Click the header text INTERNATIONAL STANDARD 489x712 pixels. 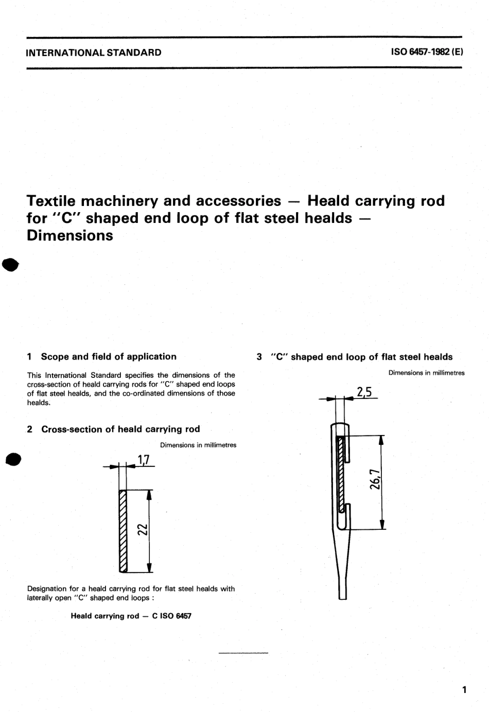point(94,53)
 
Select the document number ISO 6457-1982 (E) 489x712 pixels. point(427,52)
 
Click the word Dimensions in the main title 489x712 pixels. point(69,235)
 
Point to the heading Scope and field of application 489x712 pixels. point(108,356)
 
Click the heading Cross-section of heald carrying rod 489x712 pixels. point(120,429)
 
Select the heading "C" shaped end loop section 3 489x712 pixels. point(361,357)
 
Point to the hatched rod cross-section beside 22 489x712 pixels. point(123,530)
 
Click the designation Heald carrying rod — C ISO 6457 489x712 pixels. point(131,616)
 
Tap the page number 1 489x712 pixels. point(464,689)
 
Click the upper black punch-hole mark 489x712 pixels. point(10,264)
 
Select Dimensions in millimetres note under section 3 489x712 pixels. point(426,373)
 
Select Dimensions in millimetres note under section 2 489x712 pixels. point(198,445)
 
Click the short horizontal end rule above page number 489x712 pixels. point(243,653)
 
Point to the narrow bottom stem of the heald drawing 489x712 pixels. point(342,587)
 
